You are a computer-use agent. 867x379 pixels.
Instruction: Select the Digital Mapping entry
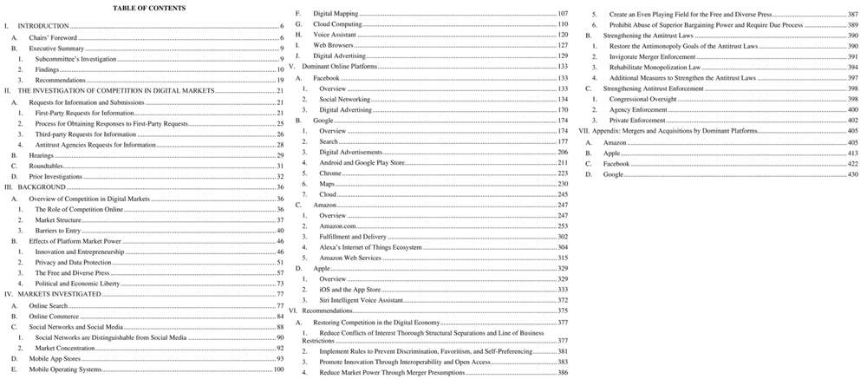pyautogui.click(x=336, y=14)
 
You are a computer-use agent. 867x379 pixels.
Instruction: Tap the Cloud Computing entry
pyautogui.click(x=337, y=24)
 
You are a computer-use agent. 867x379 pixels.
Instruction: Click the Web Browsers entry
pyautogui.click(x=333, y=45)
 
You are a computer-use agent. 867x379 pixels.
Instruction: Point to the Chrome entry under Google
pyautogui.click(x=330, y=173)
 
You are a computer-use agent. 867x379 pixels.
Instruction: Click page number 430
pyautogui.click(x=852, y=174)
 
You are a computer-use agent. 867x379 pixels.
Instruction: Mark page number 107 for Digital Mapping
pyautogui.click(x=563, y=14)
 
